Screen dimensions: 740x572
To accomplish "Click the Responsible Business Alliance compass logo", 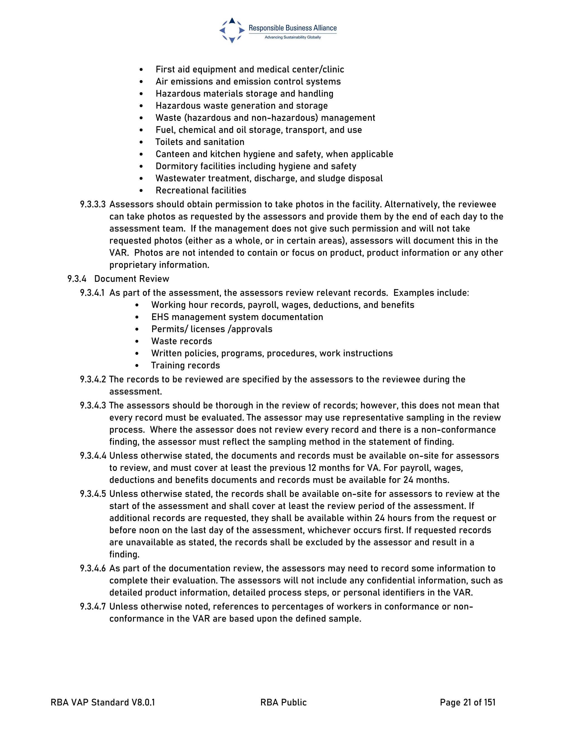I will [x=232, y=30].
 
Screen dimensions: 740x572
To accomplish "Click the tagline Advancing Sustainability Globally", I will [x=292, y=37].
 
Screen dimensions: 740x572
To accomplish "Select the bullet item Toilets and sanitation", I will [x=200, y=142].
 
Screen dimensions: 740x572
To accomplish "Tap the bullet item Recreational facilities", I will [x=201, y=190].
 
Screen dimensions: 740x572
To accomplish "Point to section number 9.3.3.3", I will [x=92, y=205].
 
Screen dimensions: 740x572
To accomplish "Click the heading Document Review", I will [x=132, y=279].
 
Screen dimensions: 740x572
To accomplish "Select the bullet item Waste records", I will [x=181, y=341].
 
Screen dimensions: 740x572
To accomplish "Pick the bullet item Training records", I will [x=185, y=366].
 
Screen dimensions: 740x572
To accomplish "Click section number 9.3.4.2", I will [x=92, y=379].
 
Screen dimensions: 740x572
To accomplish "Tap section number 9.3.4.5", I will [x=92, y=494].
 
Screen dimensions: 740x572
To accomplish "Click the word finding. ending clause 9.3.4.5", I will [x=124, y=554].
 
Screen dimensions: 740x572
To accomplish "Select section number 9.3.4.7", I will [x=92, y=607].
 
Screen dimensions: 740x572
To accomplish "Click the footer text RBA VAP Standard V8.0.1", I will [x=103, y=702].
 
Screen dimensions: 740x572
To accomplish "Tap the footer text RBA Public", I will [x=283, y=702].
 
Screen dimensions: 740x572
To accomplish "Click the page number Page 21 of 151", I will [x=467, y=702].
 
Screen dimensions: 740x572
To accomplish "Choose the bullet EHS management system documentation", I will [x=237, y=317].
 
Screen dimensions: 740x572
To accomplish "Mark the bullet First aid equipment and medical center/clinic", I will [x=249, y=70].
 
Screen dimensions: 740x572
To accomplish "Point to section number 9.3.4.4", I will [x=92, y=456].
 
